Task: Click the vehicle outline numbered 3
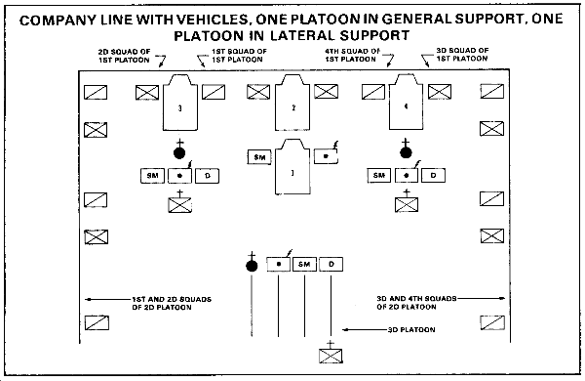point(180,103)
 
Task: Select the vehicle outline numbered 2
point(292,103)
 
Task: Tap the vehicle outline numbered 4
point(406,102)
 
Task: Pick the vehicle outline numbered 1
point(292,167)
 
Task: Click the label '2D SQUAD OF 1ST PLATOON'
point(124,56)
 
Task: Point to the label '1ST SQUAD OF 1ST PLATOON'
point(239,56)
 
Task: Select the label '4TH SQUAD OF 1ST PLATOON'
point(352,55)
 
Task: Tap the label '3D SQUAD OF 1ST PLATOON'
point(462,54)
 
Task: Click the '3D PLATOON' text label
point(411,330)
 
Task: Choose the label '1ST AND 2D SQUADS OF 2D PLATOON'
point(172,303)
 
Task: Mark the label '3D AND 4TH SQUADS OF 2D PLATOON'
point(416,303)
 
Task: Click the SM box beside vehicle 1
point(259,157)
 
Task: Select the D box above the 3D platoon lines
point(331,265)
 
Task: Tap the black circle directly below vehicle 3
point(179,152)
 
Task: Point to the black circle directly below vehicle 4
point(406,152)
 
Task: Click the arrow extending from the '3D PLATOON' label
point(365,330)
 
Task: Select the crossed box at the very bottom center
point(331,356)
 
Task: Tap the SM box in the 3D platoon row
point(304,265)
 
